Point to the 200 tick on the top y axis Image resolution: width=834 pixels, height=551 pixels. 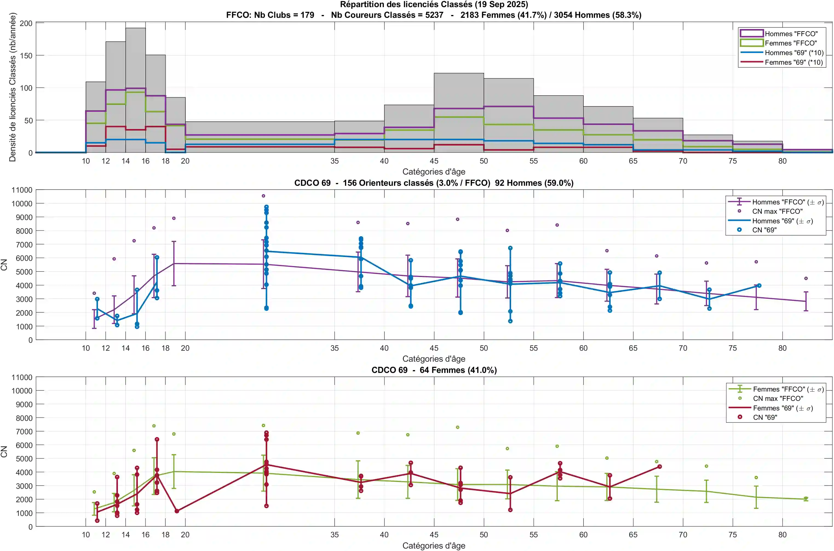point(26,23)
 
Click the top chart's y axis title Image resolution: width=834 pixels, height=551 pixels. point(13,87)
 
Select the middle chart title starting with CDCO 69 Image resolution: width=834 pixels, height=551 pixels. point(434,183)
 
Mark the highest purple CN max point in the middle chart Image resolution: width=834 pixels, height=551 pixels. point(263,196)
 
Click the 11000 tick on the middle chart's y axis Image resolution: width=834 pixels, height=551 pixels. point(22,190)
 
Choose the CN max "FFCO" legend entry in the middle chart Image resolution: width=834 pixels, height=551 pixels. point(777,211)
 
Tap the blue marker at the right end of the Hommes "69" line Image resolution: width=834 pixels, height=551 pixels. point(759,286)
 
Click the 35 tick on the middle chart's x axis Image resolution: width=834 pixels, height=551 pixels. point(334,348)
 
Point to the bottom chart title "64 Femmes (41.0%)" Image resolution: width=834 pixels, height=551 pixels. point(458,370)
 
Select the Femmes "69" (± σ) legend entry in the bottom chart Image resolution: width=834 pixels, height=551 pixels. point(782,408)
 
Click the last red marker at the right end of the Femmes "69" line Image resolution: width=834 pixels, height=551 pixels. point(660,467)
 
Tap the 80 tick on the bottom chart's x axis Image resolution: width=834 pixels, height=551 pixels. point(782,535)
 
